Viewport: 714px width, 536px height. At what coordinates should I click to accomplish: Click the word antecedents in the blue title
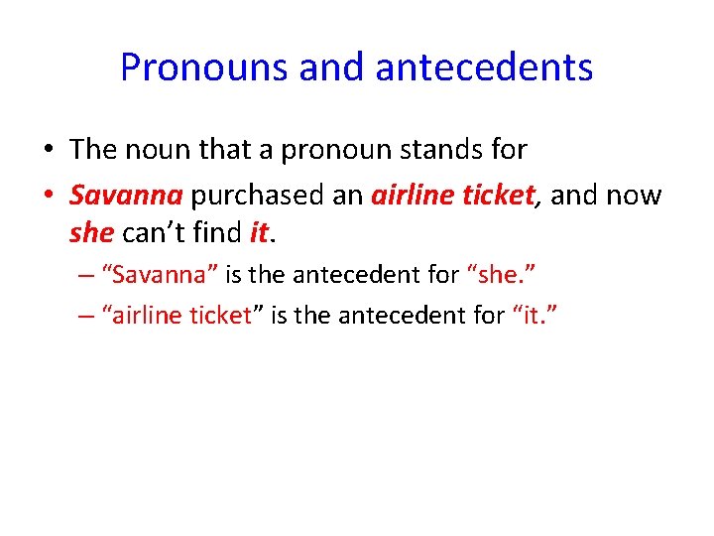[x=485, y=67]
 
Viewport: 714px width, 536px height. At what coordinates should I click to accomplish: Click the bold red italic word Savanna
[x=126, y=196]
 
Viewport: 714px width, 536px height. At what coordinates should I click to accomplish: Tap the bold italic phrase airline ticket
[x=452, y=196]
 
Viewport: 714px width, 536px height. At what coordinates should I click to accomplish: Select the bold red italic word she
[x=91, y=233]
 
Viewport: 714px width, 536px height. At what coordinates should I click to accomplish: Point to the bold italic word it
[x=259, y=233]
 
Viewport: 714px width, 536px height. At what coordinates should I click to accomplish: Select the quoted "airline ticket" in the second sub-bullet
[x=182, y=316]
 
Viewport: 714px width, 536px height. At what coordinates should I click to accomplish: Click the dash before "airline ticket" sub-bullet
[x=85, y=316]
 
